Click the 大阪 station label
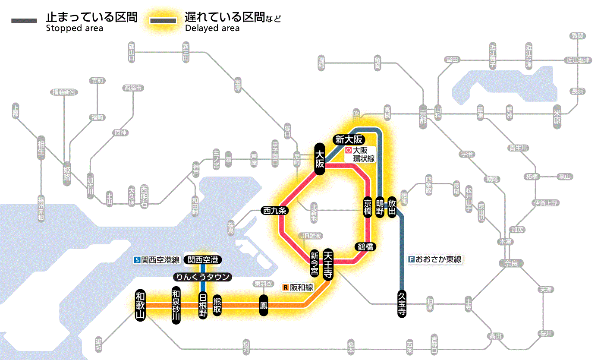[x=320, y=159]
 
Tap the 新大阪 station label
[x=349, y=139]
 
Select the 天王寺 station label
[x=328, y=264]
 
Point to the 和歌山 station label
[x=141, y=305]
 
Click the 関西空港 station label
[x=202, y=260]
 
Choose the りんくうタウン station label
[x=202, y=277]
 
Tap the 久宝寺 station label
[x=402, y=304]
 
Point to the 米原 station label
[x=559, y=116]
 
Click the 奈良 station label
[x=510, y=263]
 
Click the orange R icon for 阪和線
[x=285, y=287]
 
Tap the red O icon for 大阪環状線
[x=348, y=151]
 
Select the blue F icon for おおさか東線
[x=411, y=259]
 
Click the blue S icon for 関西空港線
[x=137, y=260]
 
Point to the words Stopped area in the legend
[x=75, y=28]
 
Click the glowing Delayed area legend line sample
[x=163, y=20]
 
